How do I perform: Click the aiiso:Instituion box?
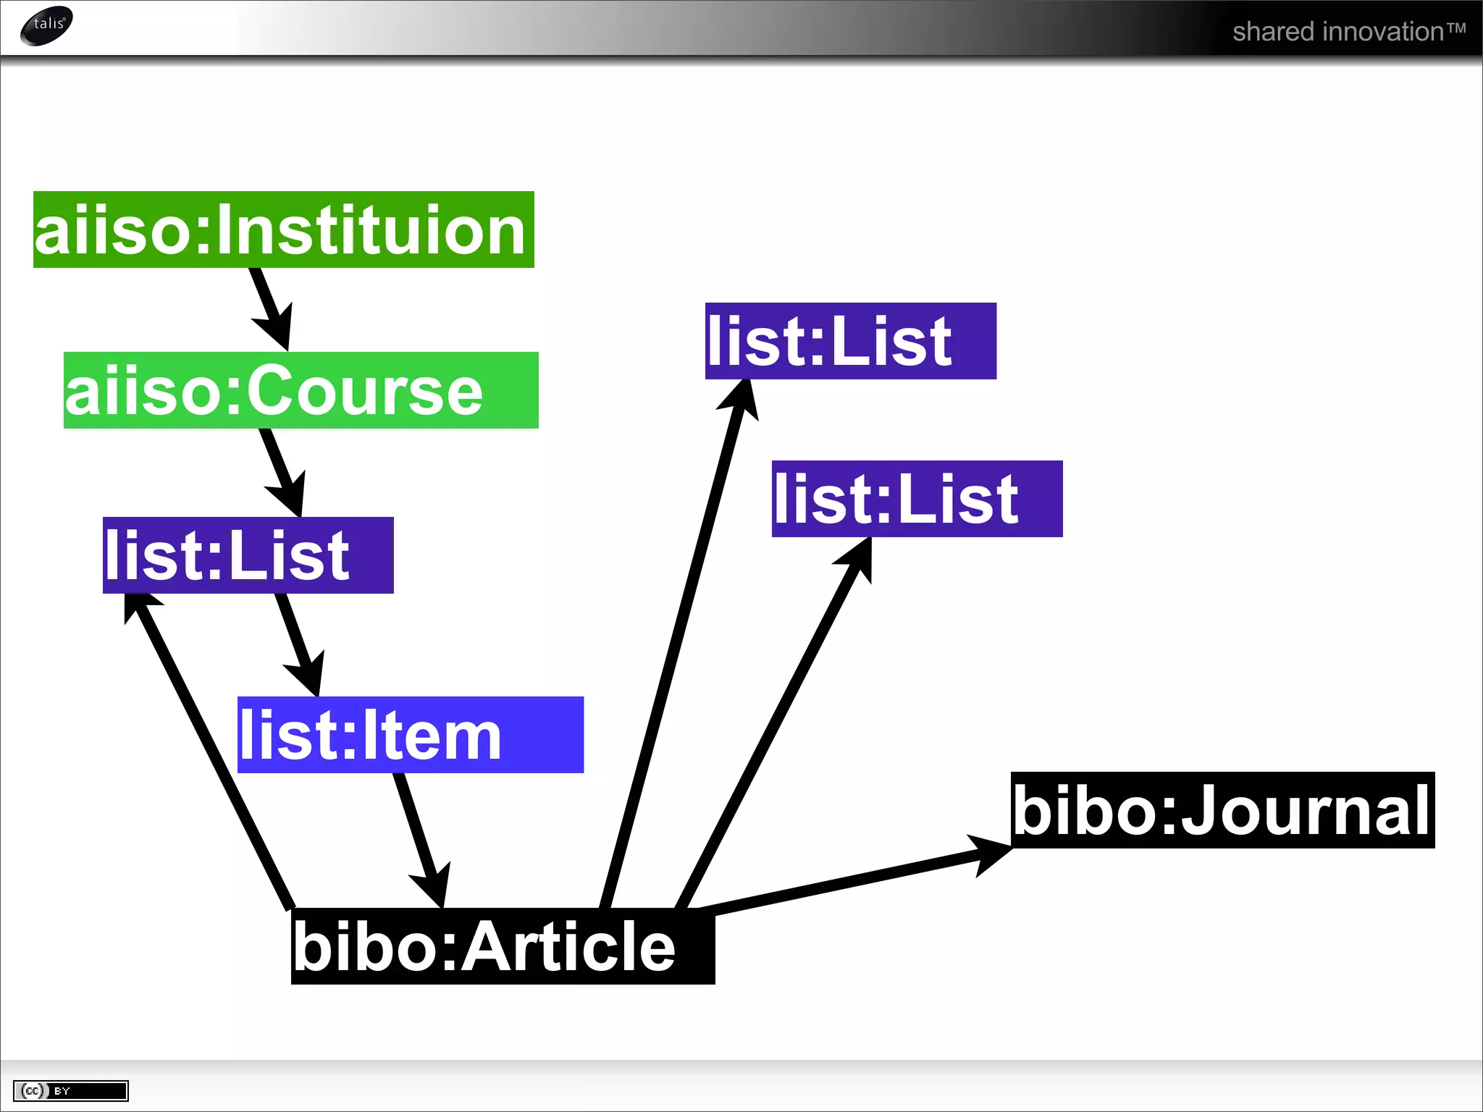283,229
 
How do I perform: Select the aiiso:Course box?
301,390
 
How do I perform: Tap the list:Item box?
410,734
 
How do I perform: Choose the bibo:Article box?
503,945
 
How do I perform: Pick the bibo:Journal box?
1222,809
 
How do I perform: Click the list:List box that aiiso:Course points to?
248,555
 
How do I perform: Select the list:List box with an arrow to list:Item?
248,555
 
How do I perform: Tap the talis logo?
47,25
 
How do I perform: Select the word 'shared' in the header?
1273,32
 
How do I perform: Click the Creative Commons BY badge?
70,1090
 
